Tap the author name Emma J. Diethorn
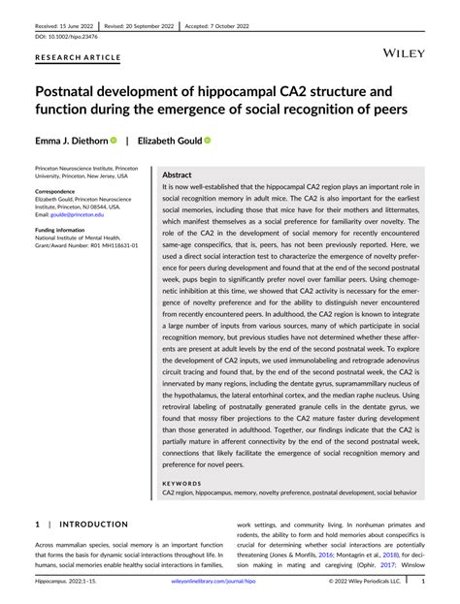(x=69, y=141)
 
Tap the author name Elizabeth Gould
(x=170, y=141)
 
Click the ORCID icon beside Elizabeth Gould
(x=208, y=141)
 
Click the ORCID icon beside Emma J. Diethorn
(x=113, y=141)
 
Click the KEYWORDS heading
(x=181, y=483)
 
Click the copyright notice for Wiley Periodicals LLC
(x=364, y=582)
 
